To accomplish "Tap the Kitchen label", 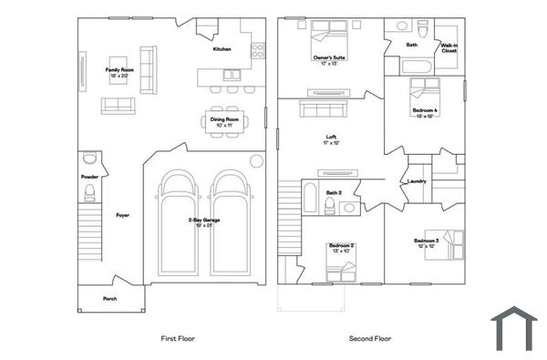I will coord(222,49).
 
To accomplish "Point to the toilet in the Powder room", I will coord(89,191).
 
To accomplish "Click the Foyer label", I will coord(122,215).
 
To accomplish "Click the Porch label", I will coord(109,298).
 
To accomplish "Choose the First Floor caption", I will coord(178,338).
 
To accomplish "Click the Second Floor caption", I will coord(370,338).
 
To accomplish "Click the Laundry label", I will coord(417,180).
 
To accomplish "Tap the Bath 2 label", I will coord(335,192).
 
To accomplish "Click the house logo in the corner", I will coord(514,329).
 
